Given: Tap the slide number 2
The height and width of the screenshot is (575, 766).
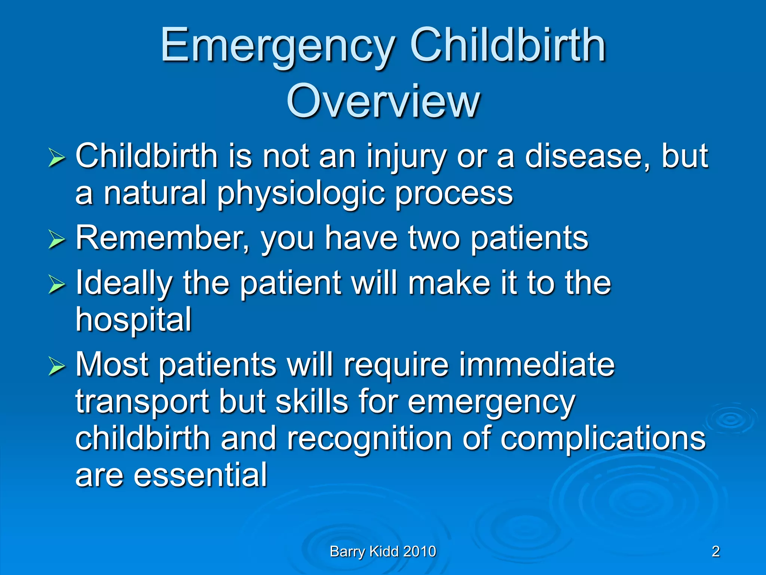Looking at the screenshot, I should click(716, 551).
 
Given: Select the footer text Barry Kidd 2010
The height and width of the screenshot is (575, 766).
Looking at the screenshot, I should click(383, 551).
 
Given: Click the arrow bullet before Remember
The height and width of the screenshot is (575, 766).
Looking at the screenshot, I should click(56, 240).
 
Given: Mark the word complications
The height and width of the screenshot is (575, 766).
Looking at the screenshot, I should click(603, 439).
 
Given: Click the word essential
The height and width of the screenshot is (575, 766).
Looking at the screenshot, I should click(200, 475).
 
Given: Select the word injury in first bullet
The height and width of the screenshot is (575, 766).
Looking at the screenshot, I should click(406, 157).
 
